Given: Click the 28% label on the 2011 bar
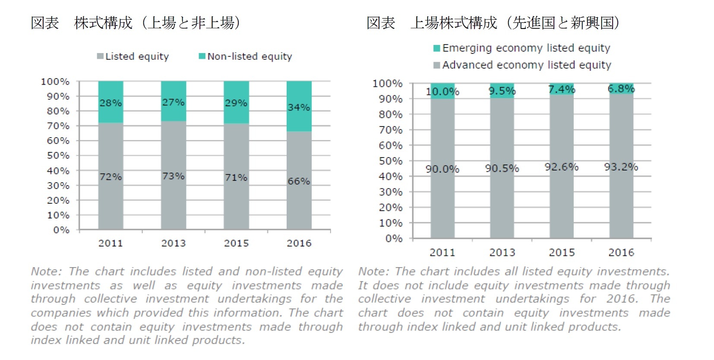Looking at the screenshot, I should [x=111, y=103].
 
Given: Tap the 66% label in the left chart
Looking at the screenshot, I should [x=299, y=181].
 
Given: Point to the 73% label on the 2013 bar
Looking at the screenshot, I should [x=173, y=176].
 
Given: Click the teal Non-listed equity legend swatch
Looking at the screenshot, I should [x=202, y=57].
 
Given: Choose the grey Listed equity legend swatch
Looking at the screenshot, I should [x=100, y=57].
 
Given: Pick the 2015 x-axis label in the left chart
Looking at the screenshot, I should [x=236, y=243].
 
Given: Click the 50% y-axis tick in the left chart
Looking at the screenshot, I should [x=58, y=155].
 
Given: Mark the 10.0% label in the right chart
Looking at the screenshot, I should [x=442, y=92].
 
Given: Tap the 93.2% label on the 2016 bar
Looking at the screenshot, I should [x=621, y=167].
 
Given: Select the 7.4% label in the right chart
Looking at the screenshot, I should [x=562, y=89].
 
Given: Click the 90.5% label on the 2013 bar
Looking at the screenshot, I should [x=502, y=168].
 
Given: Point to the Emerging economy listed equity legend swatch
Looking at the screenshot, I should [x=437, y=48].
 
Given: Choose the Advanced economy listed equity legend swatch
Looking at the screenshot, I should [x=437, y=65].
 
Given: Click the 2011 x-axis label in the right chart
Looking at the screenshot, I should [x=442, y=253].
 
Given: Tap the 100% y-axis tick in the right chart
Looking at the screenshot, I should [x=387, y=83].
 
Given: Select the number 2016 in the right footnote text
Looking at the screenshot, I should [x=622, y=299].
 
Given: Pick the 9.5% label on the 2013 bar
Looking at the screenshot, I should [x=502, y=91].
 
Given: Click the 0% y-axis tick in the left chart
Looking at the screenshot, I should [x=61, y=230].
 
